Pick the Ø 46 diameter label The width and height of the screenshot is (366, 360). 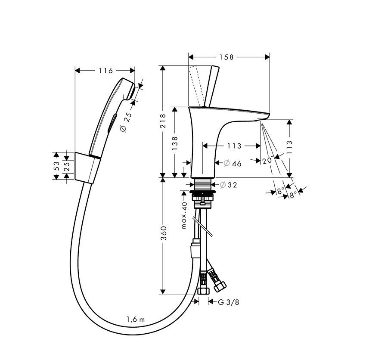tap(233, 163)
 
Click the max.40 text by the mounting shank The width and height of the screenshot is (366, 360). tap(184, 215)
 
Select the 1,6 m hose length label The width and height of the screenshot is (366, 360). tap(135, 319)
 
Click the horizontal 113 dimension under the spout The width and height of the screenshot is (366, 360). tap(234, 146)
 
